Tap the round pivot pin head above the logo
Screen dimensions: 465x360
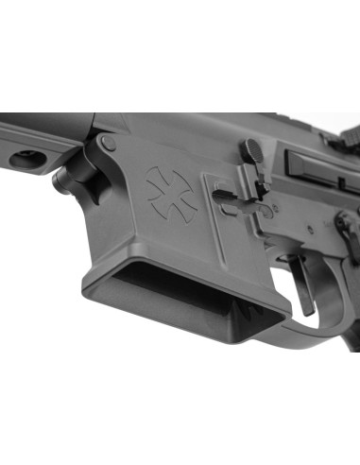point(110,144)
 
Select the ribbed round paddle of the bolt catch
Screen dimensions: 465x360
point(250,150)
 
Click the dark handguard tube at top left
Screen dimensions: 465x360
point(38,124)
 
